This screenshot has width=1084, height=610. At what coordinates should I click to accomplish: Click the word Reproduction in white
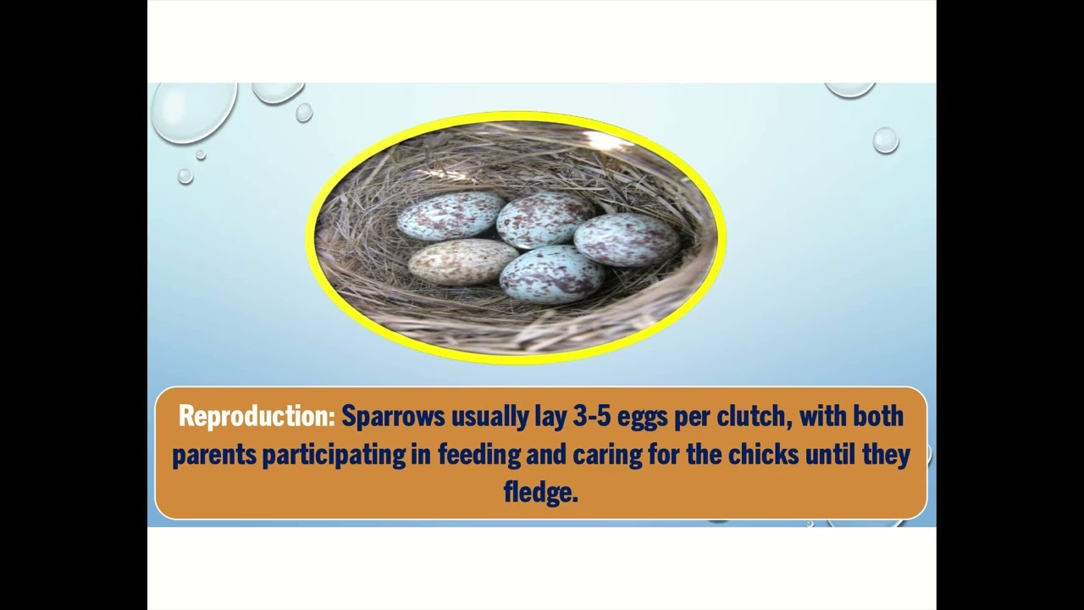[x=257, y=417]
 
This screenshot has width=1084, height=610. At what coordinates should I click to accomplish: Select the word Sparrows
[x=392, y=417]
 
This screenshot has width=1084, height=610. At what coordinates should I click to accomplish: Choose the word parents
[x=214, y=455]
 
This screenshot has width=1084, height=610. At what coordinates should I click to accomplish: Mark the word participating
[x=334, y=455]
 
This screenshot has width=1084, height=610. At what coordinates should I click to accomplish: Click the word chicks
[x=760, y=455]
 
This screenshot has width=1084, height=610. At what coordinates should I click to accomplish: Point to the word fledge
[x=539, y=492]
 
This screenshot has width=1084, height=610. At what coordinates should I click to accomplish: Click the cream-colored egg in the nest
[x=462, y=261]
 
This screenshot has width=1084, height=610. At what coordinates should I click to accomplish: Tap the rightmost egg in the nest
[x=627, y=239]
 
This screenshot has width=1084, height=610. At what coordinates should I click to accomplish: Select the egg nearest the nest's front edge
[x=551, y=274]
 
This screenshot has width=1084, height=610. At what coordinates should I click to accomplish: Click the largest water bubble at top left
[x=194, y=110]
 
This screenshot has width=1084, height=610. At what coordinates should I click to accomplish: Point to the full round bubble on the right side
[x=885, y=140]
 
